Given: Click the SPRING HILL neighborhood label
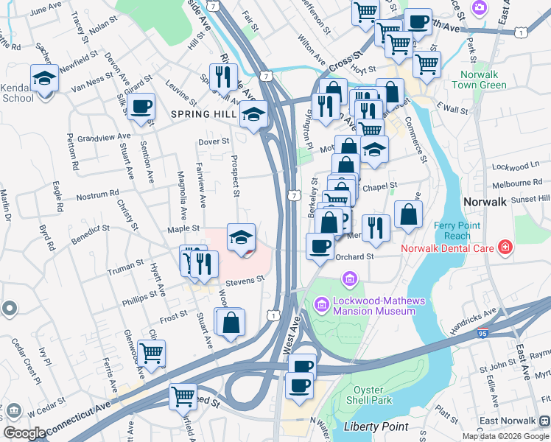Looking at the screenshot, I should [202, 114].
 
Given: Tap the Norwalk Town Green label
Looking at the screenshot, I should [483, 80].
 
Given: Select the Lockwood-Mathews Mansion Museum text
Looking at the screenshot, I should [373, 305].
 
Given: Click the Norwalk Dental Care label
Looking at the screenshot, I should [448, 248].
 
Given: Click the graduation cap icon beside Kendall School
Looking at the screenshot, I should [44, 77].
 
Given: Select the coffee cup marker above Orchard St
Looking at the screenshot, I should [320, 245].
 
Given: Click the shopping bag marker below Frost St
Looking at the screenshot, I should [231, 322].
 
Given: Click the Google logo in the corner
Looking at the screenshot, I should [24, 433].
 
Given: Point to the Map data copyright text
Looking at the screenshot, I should [505, 436].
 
